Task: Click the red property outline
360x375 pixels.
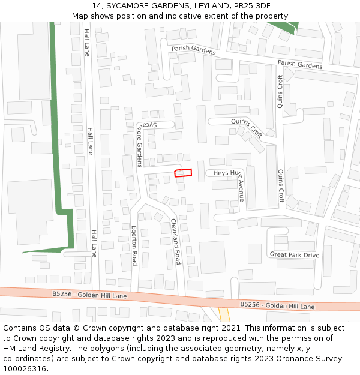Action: [183, 173]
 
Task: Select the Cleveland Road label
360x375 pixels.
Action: [175, 241]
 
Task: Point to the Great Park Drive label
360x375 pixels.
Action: [295, 255]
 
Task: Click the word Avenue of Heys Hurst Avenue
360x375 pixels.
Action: [241, 191]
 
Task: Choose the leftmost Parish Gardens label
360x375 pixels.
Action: [193, 50]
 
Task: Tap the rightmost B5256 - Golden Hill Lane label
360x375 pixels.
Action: [277, 305]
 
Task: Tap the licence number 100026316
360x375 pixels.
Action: [25, 369]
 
